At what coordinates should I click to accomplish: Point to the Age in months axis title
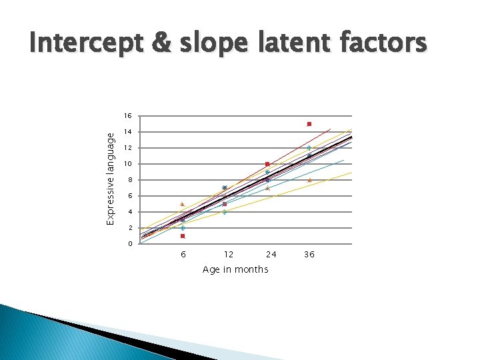[x=235, y=269]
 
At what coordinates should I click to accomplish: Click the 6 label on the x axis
[x=183, y=255]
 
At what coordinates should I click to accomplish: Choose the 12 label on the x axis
[x=228, y=255]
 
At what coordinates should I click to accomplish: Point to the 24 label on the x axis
[x=271, y=255]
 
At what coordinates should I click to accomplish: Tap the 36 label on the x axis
[x=309, y=255]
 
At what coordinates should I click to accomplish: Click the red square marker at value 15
[x=309, y=124]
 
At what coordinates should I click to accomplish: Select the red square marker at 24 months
[x=267, y=164]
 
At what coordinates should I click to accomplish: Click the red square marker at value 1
[x=183, y=236]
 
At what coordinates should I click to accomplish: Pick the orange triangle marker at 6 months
[x=182, y=204]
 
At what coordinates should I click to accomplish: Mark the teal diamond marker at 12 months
[x=225, y=212]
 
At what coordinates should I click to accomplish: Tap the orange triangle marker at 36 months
[x=310, y=180]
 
